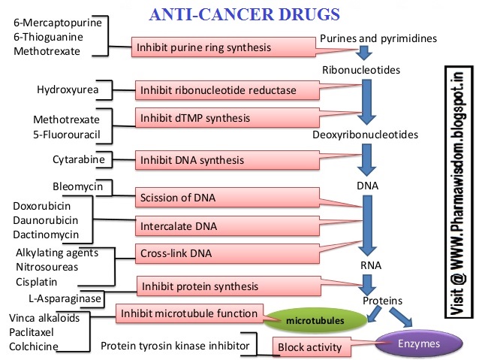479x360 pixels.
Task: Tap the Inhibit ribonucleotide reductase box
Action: [x=215, y=91]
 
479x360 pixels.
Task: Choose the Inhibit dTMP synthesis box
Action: [x=193, y=118]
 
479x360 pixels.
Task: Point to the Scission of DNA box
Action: [x=178, y=198]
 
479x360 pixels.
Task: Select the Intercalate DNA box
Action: [x=174, y=225]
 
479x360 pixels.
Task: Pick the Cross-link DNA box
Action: [x=175, y=254]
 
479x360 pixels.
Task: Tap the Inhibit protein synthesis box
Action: [x=198, y=286]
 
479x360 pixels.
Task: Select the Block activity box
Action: [x=307, y=348]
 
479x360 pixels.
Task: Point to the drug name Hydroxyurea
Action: [x=66, y=90]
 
